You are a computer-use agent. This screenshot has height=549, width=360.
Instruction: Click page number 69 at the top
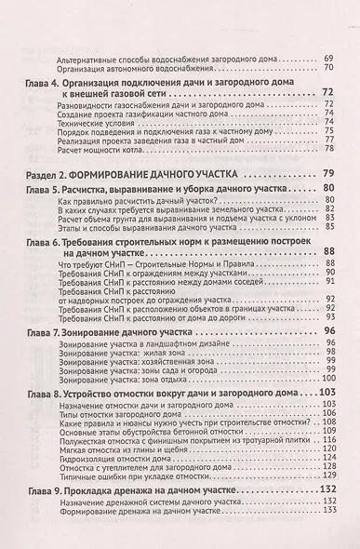click(328, 59)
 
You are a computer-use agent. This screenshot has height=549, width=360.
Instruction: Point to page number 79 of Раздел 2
click(327, 174)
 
